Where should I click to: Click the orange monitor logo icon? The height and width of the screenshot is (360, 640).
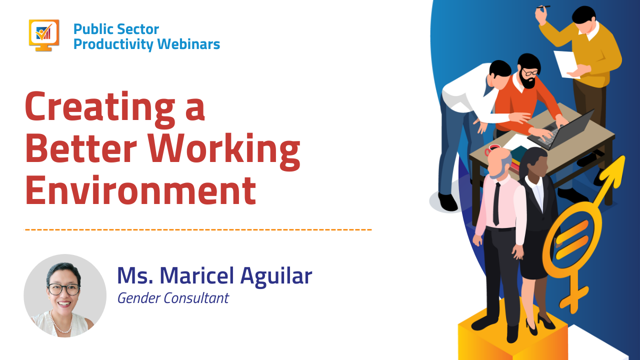44,35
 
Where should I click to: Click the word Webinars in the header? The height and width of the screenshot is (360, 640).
188,44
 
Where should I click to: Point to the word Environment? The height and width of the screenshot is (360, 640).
140,190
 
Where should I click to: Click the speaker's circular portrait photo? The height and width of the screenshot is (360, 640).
65,295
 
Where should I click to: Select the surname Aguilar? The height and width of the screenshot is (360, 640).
276,276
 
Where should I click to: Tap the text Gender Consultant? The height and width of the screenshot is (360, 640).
173,298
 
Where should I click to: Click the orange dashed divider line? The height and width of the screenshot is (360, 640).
198,229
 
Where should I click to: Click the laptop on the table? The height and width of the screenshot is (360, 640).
560,130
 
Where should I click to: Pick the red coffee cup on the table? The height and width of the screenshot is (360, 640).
491,149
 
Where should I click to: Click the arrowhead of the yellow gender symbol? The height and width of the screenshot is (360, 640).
615,170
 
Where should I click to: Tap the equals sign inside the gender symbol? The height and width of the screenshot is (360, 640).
572,239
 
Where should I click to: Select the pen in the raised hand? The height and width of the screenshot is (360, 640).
543,6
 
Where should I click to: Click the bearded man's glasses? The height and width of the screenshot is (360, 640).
530,72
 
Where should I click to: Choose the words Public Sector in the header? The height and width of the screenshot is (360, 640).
116,29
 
